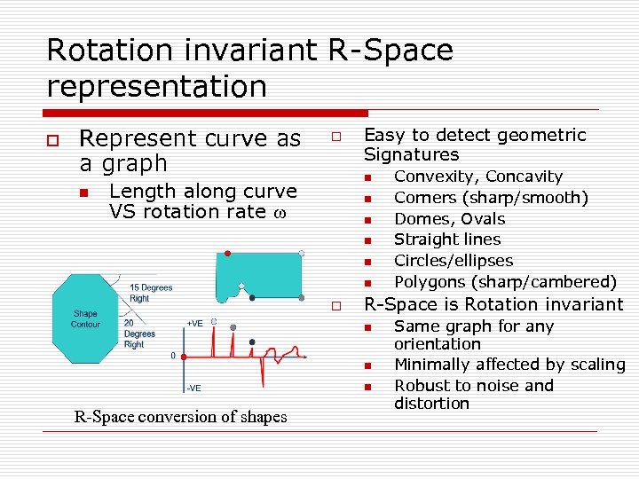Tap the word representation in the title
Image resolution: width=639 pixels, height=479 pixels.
point(156,86)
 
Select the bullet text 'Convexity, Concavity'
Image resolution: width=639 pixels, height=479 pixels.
point(477,177)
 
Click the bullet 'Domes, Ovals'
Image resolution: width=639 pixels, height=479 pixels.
point(449,219)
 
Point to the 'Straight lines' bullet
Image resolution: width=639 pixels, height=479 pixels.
point(447,239)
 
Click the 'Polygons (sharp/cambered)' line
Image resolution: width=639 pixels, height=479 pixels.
point(504,282)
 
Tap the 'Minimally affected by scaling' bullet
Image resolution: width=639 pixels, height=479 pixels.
point(509,365)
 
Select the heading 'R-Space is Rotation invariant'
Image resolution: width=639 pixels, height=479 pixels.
point(493,304)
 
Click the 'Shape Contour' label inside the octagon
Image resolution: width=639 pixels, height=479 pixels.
point(85,318)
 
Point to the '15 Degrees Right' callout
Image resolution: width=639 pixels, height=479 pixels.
point(151,294)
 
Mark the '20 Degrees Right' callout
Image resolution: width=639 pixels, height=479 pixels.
point(139,334)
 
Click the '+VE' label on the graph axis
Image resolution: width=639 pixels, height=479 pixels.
point(194,324)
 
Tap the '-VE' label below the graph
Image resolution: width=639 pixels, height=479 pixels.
point(193,388)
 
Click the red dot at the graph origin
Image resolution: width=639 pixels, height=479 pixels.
point(184,357)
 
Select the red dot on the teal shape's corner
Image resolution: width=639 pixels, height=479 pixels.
point(227,254)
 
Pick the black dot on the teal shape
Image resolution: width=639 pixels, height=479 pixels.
point(252,298)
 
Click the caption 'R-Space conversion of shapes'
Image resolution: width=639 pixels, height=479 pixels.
point(180,417)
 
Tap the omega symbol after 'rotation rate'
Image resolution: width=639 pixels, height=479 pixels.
point(279,212)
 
